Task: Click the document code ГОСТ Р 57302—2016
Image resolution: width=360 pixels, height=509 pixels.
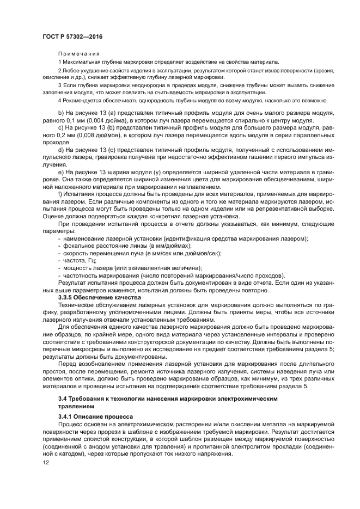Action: (x=72, y=36)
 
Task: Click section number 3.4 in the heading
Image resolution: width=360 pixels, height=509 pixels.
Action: (x=62, y=398)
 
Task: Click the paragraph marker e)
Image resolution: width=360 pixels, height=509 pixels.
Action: (x=60, y=173)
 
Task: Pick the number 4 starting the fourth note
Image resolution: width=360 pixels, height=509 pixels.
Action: (x=59, y=100)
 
